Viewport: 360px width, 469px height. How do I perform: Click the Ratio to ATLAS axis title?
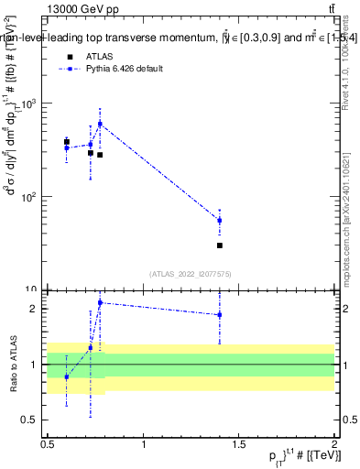click(14, 365)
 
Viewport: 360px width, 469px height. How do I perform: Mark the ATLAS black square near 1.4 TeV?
click(220, 245)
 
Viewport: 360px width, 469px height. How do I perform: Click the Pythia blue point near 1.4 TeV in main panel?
click(220, 220)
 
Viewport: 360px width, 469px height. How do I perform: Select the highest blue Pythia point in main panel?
click(100, 124)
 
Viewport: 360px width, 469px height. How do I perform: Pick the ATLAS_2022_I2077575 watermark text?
click(191, 274)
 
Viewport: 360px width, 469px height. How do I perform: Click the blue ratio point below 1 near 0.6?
click(66, 376)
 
